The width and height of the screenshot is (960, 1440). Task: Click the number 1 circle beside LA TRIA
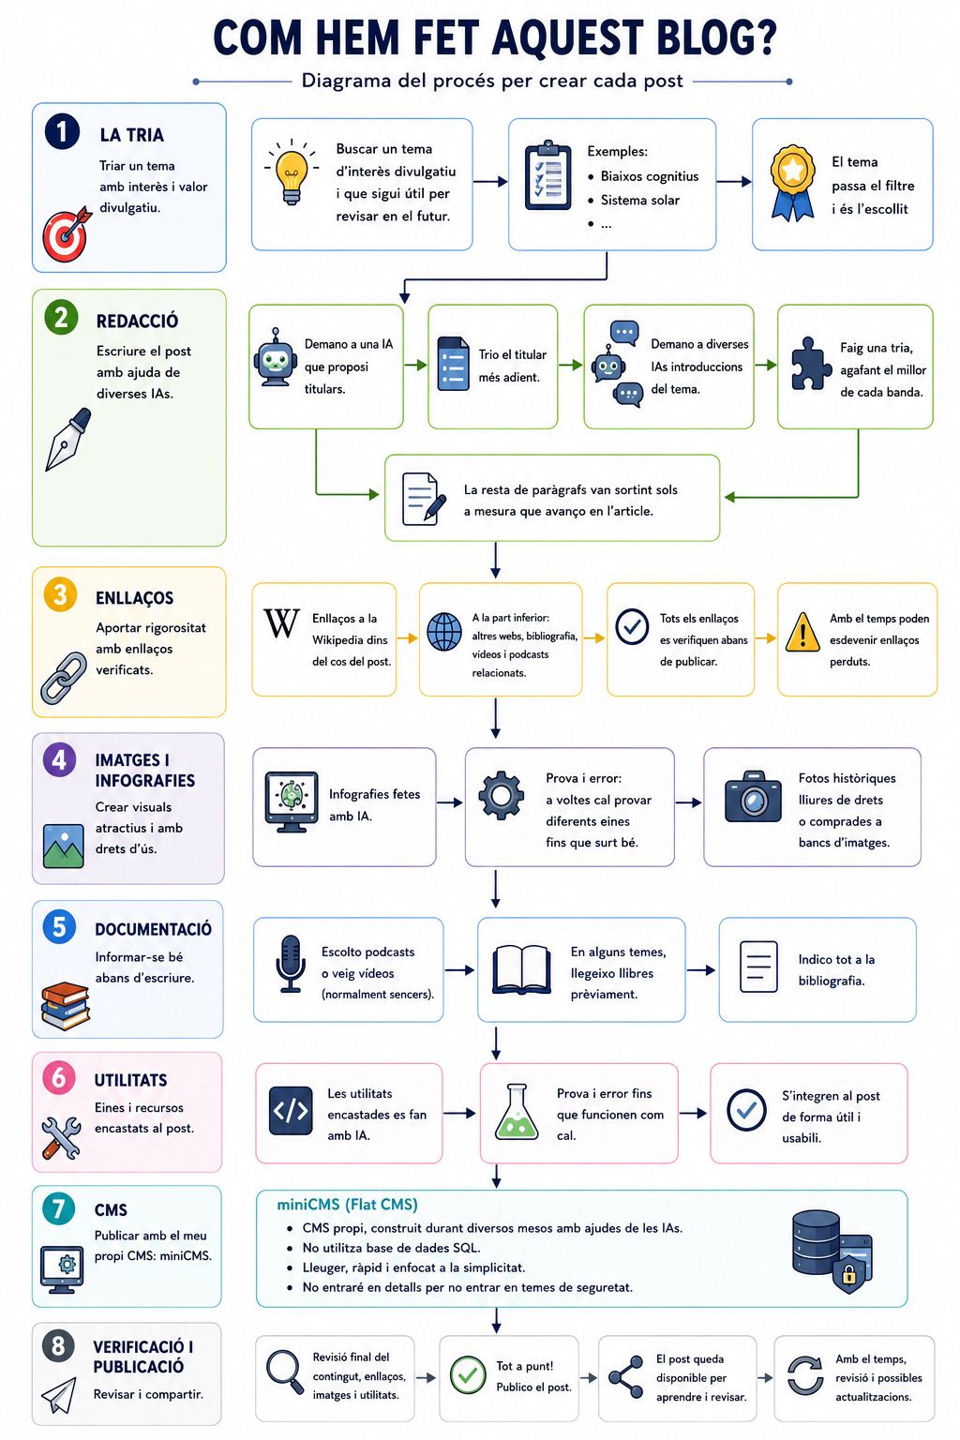(62, 131)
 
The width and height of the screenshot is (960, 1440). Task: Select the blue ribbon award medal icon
(793, 183)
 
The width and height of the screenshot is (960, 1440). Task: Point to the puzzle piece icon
(809, 364)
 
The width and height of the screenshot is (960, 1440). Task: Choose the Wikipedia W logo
(281, 622)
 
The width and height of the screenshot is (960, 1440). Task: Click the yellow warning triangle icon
(802, 632)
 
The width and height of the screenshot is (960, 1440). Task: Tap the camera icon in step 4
(753, 797)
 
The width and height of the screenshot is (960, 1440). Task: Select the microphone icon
(291, 964)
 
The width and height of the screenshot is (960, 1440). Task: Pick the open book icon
(521, 969)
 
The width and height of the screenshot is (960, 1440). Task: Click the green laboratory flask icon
(517, 1112)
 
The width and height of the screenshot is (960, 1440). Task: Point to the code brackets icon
(291, 1110)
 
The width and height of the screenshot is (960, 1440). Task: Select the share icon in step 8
(625, 1377)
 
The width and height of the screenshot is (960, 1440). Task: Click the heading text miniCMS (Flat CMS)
(347, 1204)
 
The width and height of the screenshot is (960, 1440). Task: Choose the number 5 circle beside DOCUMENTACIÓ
(59, 926)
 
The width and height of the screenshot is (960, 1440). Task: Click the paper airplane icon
(59, 1395)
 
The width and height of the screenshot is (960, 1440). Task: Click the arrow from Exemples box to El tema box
(734, 182)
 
